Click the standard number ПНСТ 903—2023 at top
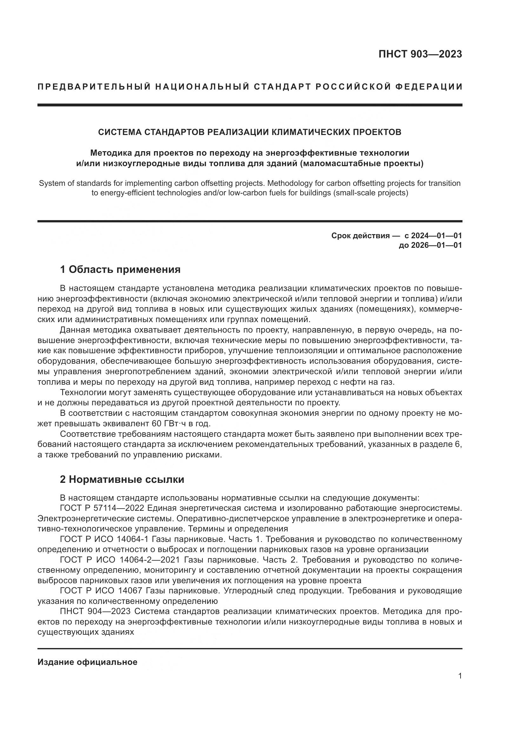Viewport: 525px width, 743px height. [420, 54]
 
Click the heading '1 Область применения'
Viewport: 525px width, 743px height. [120, 269]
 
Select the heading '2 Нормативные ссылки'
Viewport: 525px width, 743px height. [122, 479]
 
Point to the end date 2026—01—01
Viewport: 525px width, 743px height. [437, 245]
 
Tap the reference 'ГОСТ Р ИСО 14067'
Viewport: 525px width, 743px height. [101, 591]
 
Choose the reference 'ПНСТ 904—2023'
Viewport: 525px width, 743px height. [95, 611]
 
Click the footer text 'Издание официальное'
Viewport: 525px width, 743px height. [87, 662]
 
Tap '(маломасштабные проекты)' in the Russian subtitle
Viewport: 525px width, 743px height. [362, 163]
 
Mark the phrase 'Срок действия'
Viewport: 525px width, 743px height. [361, 236]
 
